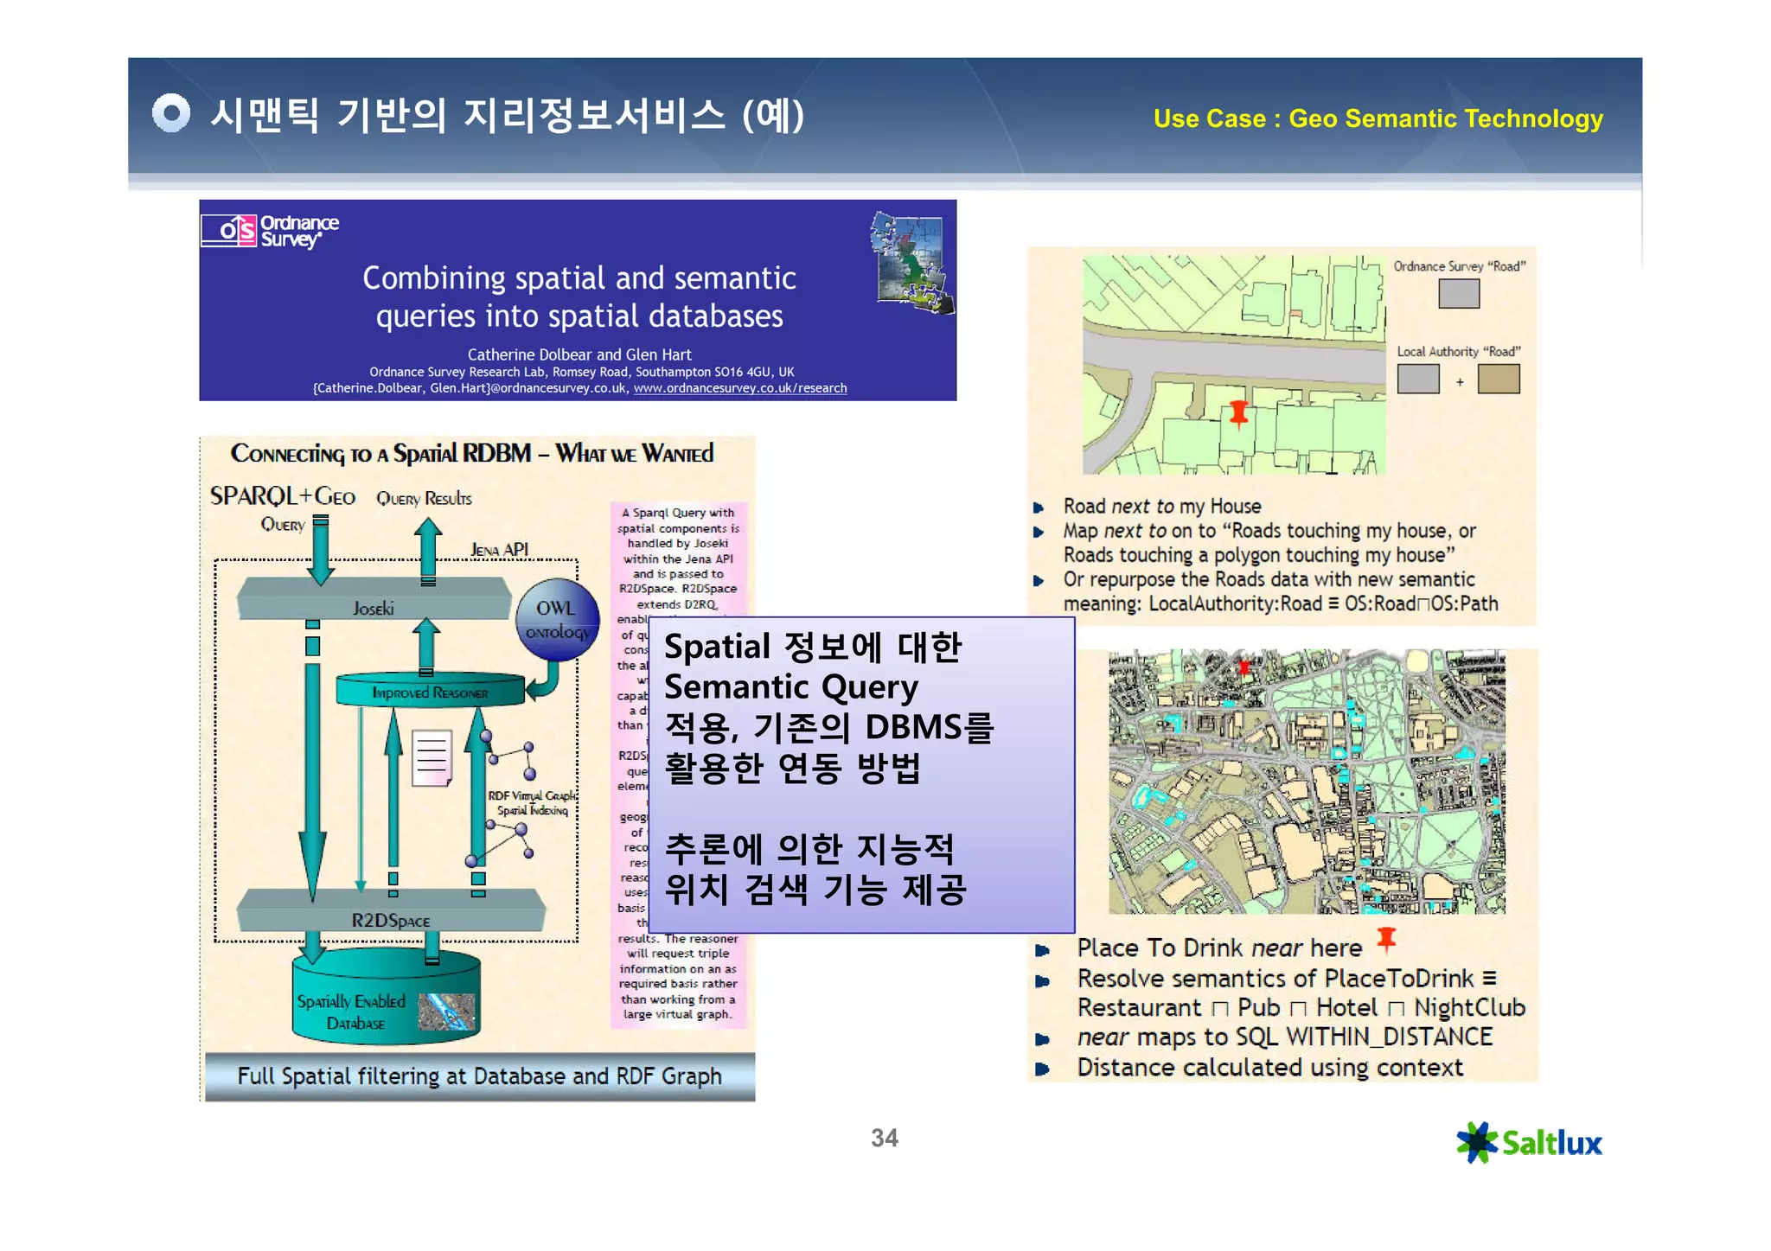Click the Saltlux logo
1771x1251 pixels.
tap(1528, 1142)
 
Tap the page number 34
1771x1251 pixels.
tap(884, 1138)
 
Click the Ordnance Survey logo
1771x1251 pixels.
tap(269, 231)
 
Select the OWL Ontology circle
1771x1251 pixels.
tap(557, 620)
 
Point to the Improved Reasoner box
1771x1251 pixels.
tap(430, 692)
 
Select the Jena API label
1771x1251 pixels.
tap(499, 550)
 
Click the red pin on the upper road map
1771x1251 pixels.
tap(1238, 413)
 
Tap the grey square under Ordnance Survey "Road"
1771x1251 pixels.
tap(1458, 294)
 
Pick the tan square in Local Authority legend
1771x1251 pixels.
tap(1498, 379)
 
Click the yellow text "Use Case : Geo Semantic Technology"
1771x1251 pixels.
tap(1378, 118)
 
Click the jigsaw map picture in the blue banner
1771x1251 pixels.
tap(911, 261)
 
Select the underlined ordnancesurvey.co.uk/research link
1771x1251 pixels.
tap(739, 388)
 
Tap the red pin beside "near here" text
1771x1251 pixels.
tap(1386, 938)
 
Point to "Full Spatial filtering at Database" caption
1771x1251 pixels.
tap(479, 1075)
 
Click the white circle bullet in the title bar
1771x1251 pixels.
tap(170, 113)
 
